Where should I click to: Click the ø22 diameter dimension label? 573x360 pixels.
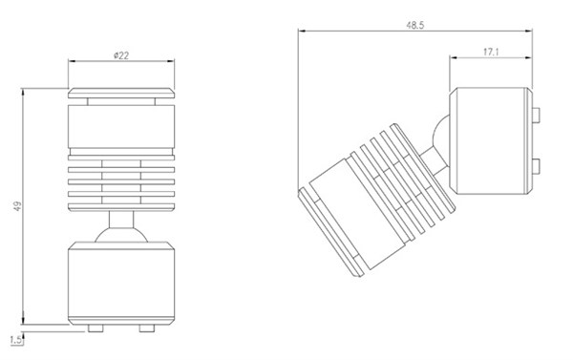pyautogui.click(x=121, y=55)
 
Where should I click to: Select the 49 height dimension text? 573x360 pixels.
pyautogui.click(x=17, y=206)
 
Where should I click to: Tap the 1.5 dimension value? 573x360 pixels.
pyautogui.click(x=15, y=340)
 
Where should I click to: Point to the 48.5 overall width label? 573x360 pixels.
pyautogui.click(x=415, y=25)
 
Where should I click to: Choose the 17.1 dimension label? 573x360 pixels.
pyautogui.click(x=491, y=52)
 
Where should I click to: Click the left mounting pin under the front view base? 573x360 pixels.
pyautogui.click(x=95, y=328)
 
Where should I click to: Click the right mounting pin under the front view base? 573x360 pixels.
pyautogui.click(x=147, y=328)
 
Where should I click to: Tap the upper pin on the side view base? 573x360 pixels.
pyautogui.click(x=536, y=115)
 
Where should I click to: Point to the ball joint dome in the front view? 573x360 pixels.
pyautogui.click(x=121, y=235)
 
